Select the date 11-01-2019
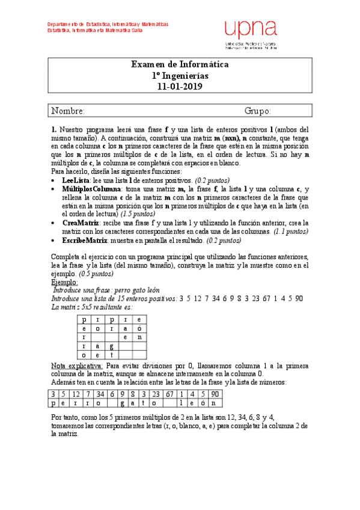click(x=180, y=87)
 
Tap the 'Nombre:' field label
click(x=68, y=111)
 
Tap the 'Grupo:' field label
click(x=258, y=111)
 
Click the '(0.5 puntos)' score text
click(x=96, y=274)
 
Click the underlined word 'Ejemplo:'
click(x=64, y=282)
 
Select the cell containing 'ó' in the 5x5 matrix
click(x=139, y=329)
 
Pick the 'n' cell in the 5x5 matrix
click(x=139, y=338)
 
